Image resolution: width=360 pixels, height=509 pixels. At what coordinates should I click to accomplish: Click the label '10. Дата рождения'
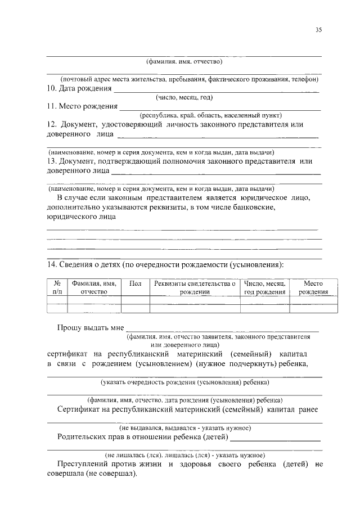(79, 89)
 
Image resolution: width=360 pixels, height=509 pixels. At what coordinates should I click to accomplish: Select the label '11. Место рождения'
(82, 106)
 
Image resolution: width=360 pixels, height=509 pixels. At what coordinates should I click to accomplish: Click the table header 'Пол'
(135, 284)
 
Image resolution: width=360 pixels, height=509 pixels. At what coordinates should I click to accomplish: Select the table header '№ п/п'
(57, 288)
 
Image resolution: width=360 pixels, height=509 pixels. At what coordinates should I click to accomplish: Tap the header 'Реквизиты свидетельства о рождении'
(195, 288)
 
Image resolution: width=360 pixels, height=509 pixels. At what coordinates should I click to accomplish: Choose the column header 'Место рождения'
(313, 288)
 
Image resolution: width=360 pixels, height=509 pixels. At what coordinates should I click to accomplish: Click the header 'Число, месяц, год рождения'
(264, 288)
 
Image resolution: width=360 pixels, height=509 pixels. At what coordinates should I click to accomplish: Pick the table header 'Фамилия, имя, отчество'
(94, 288)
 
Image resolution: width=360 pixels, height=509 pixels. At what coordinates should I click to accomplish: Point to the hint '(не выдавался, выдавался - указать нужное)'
(184, 428)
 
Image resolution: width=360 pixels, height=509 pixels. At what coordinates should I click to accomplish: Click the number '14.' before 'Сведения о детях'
(52, 264)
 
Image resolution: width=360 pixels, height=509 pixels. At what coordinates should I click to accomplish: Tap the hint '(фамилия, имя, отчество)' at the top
(184, 61)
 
